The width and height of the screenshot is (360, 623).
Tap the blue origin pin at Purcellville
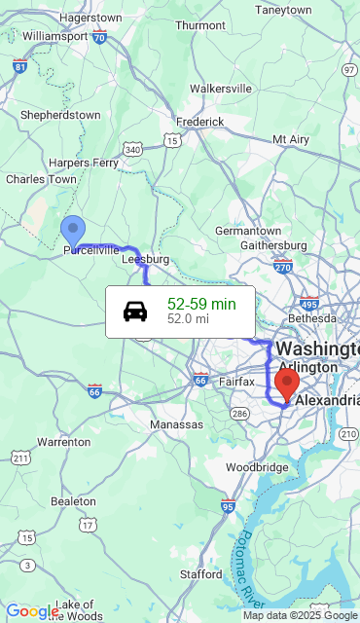(73, 232)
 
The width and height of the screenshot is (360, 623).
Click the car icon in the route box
(135, 311)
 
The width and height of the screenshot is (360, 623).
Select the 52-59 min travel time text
(201, 304)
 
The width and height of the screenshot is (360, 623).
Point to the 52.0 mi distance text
(188, 318)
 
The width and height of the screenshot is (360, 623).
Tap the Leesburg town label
(145, 260)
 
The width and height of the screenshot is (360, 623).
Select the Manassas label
(176, 424)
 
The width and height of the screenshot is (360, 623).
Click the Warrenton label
(64, 442)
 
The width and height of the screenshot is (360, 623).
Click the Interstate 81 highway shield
(20, 67)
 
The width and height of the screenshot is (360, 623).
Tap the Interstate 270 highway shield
(283, 267)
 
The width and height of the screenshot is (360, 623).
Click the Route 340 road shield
(133, 149)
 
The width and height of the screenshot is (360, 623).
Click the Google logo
(32, 611)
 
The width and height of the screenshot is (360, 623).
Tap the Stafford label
(200, 574)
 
